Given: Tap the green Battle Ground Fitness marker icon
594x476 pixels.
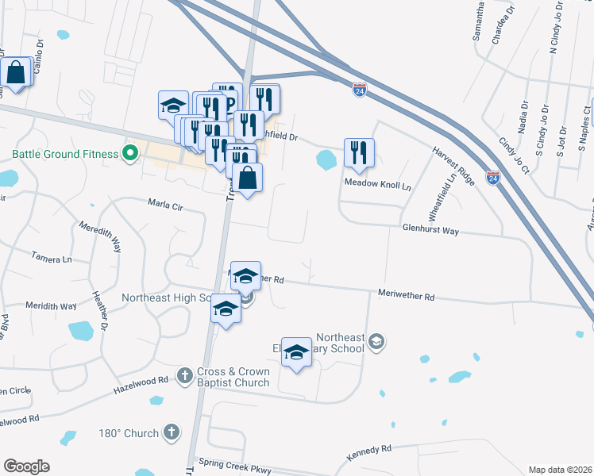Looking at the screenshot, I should (x=129, y=153).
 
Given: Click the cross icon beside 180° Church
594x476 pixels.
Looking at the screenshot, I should (x=170, y=432).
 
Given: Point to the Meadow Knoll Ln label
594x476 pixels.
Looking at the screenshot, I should (x=377, y=185).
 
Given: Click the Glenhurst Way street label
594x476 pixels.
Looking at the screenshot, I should (x=430, y=230).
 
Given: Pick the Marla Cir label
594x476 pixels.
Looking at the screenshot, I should (x=165, y=205).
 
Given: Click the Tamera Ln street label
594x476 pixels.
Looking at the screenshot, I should (x=52, y=258).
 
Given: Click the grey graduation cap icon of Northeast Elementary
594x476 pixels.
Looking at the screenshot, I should (x=376, y=342).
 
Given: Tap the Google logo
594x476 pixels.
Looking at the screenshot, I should (x=26, y=466).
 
